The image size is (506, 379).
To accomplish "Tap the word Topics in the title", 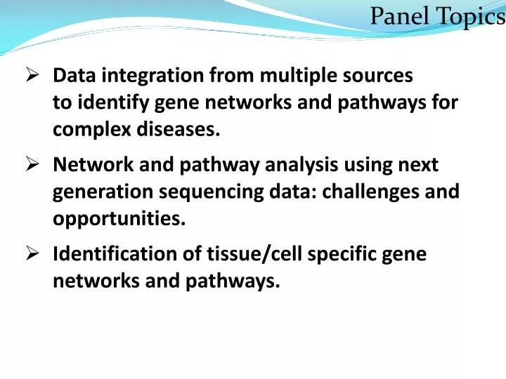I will coord(467,15).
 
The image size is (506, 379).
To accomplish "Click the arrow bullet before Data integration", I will coord(32,74).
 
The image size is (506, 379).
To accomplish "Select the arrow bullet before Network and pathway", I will coord(32,165).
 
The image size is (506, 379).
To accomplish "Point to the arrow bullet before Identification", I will coord(32,254).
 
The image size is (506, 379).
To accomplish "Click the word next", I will coord(420,165).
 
